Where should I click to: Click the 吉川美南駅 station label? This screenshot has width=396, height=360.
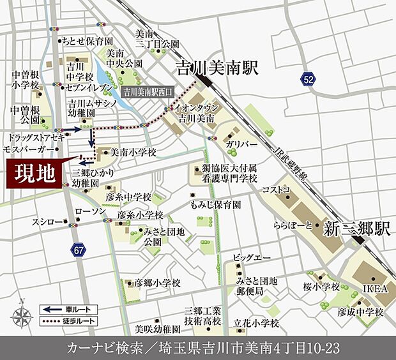pos(218,68)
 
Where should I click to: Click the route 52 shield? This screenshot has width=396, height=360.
pos(309,79)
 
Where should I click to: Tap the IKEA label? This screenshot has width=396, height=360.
pos(376,289)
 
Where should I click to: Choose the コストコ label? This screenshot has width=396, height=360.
pos(276,190)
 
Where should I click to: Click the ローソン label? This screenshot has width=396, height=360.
pos(89,211)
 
